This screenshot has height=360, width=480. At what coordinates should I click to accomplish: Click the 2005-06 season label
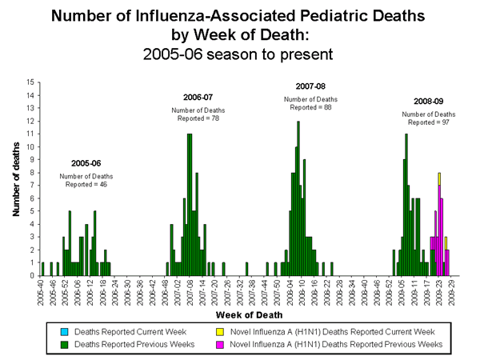86,162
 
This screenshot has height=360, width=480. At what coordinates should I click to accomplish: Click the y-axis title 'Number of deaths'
16,179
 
